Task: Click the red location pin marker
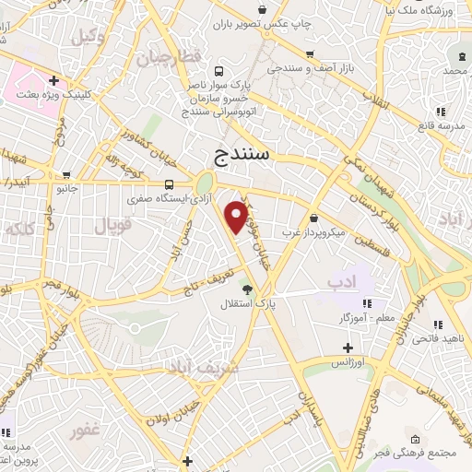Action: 237,217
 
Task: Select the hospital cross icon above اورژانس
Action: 348,348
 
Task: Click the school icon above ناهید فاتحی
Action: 437,324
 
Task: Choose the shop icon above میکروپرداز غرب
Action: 315,219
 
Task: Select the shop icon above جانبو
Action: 66,175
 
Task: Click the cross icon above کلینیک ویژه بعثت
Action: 54,81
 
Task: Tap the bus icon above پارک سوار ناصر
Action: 218,71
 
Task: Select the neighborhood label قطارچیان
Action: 169,58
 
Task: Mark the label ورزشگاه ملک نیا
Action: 432,10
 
